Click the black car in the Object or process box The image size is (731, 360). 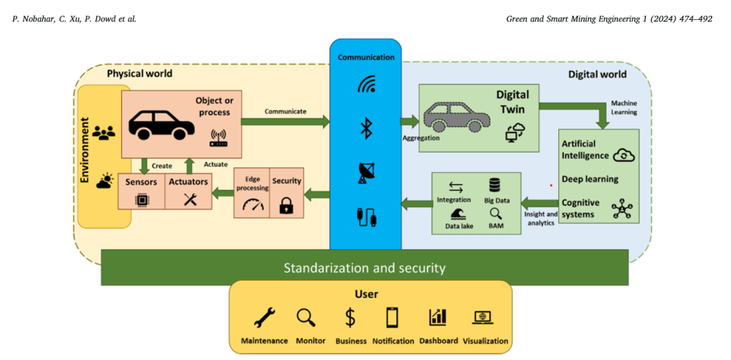pyautogui.click(x=161, y=125)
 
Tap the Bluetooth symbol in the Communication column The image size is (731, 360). pyautogui.click(x=366, y=129)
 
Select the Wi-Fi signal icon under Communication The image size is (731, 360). pyautogui.click(x=366, y=85)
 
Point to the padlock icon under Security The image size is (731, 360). pyautogui.click(x=286, y=206)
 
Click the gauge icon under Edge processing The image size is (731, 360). pyautogui.click(x=252, y=206)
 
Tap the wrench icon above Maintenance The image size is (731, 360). pyautogui.click(x=264, y=316)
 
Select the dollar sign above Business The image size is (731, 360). pyautogui.click(x=350, y=316)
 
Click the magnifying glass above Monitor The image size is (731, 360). pyautogui.click(x=306, y=316)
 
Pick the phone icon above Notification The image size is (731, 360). pyautogui.click(x=392, y=316)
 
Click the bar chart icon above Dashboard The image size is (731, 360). pyautogui.click(x=437, y=316)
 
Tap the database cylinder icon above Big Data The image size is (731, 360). pyautogui.click(x=494, y=186)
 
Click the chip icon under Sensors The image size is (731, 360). pyautogui.click(x=141, y=201)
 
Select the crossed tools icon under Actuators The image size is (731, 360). pyautogui.click(x=189, y=201)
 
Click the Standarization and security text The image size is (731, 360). pyautogui.click(x=364, y=269)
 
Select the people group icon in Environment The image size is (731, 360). pyautogui.click(x=104, y=133)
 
